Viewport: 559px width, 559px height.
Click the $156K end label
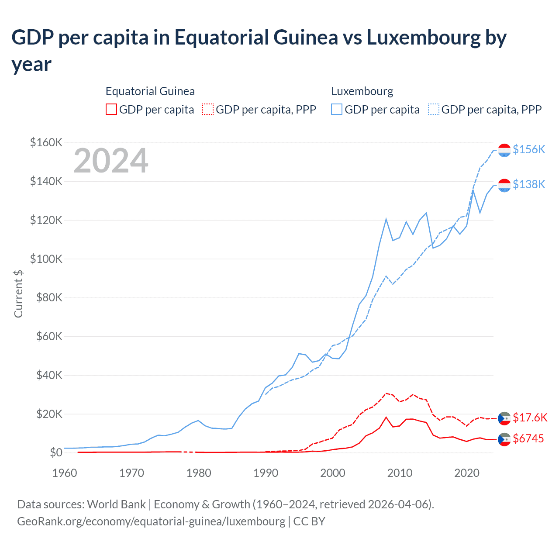pos(529,149)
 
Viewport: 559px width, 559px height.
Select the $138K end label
pos(529,184)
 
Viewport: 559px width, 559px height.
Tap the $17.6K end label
pos(530,418)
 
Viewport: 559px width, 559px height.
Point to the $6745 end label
pos(528,438)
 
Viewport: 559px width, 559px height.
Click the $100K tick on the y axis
pos(46,259)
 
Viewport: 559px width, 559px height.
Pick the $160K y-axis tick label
pos(46,142)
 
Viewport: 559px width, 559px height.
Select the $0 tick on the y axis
pos(56,452)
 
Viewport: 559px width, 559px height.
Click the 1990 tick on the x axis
pos(266,473)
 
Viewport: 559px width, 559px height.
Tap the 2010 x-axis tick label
pos(400,473)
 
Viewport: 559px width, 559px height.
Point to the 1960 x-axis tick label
pos(65,473)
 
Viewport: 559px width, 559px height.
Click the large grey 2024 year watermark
pos(111,161)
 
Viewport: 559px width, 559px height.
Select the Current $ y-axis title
pos(18,293)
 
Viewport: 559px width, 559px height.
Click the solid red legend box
pos(111,109)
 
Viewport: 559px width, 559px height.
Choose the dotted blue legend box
pos(434,109)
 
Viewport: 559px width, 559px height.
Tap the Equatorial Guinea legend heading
pos(150,91)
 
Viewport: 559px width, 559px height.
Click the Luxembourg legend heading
pos(362,91)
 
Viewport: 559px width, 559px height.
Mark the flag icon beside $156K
pos(504,150)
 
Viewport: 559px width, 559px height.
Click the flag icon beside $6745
pos(504,439)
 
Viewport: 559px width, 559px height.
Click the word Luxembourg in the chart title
pos(423,38)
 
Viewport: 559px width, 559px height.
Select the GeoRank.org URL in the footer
pos(151,521)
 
